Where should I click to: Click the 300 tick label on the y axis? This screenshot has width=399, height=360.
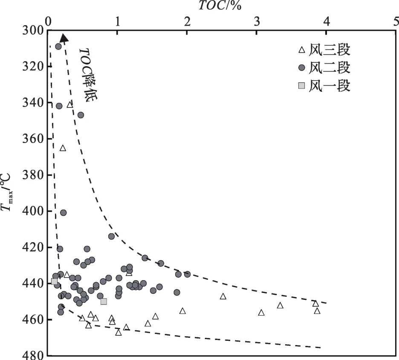tap(32, 30)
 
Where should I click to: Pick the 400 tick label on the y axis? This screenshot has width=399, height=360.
tap(32, 211)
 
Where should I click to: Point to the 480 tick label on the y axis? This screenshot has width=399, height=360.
tap(32, 355)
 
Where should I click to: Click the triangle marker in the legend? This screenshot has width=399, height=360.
tap(302, 50)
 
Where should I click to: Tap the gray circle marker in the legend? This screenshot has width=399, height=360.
tap(302, 67)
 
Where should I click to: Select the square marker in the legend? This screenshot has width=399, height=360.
tap(302, 86)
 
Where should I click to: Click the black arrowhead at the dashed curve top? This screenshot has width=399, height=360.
tap(64, 38)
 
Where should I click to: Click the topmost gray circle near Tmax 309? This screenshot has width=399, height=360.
tap(58, 46)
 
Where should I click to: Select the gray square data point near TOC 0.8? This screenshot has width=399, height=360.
tap(104, 302)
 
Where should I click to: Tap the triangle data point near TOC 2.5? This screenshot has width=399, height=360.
tap(223, 296)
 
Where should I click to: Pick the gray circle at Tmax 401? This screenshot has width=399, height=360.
tap(63, 212)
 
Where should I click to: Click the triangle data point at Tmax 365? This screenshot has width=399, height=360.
tap(63, 148)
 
